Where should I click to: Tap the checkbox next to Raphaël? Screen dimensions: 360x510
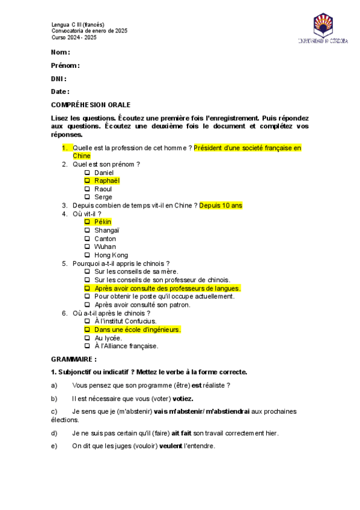pyautogui.click(x=87, y=180)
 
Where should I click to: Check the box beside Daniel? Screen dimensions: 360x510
pyautogui.click(x=87, y=173)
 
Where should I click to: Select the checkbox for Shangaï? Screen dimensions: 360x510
pyautogui.click(x=87, y=230)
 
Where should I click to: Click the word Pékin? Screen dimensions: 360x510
pyautogui.click(x=103, y=222)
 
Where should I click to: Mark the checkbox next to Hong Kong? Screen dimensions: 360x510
pyautogui.click(x=87, y=255)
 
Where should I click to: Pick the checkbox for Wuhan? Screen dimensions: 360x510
pyautogui.click(x=87, y=247)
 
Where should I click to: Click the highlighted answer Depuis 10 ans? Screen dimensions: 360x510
pyautogui.click(x=221, y=205)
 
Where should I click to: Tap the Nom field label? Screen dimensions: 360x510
pyautogui.click(x=61, y=52)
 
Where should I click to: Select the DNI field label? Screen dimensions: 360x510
pyautogui.click(x=59, y=79)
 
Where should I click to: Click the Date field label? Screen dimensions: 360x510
pyautogui.click(x=60, y=91)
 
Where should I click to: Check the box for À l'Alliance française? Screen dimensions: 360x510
pyautogui.click(x=87, y=346)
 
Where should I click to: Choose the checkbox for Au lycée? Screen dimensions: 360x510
pyautogui.click(x=87, y=338)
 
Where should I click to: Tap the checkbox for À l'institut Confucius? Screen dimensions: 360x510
pyautogui.click(x=87, y=321)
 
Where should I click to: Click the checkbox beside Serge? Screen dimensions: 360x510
pyautogui.click(x=87, y=197)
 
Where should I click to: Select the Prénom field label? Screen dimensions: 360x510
pyautogui.click(x=66, y=66)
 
